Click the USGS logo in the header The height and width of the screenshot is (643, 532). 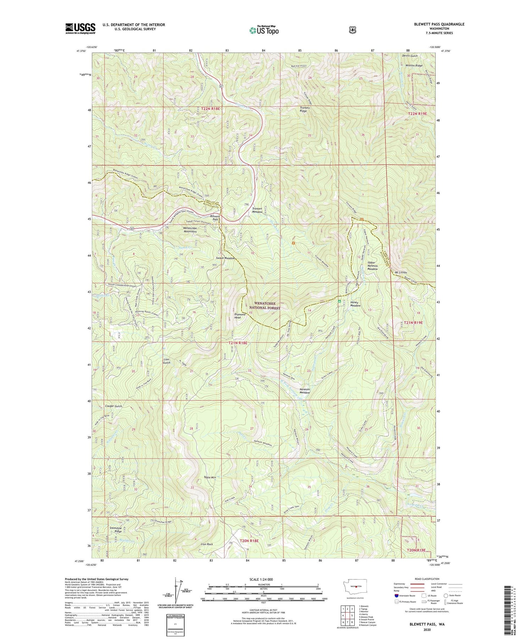[x=80, y=28]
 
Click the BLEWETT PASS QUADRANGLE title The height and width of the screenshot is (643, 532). [x=439, y=24]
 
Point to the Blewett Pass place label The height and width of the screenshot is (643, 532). [x=215, y=218]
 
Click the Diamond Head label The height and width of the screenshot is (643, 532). [x=238, y=316]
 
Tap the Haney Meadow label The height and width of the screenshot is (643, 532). [x=355, y=304]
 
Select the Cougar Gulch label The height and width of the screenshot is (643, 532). [x=113, y=406]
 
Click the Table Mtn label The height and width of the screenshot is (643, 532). [x=210, y=477]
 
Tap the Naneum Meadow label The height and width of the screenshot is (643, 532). [x=305, y=391]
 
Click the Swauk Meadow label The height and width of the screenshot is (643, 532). [x=225, y=258]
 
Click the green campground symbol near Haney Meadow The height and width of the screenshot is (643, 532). [x=339, y=301]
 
